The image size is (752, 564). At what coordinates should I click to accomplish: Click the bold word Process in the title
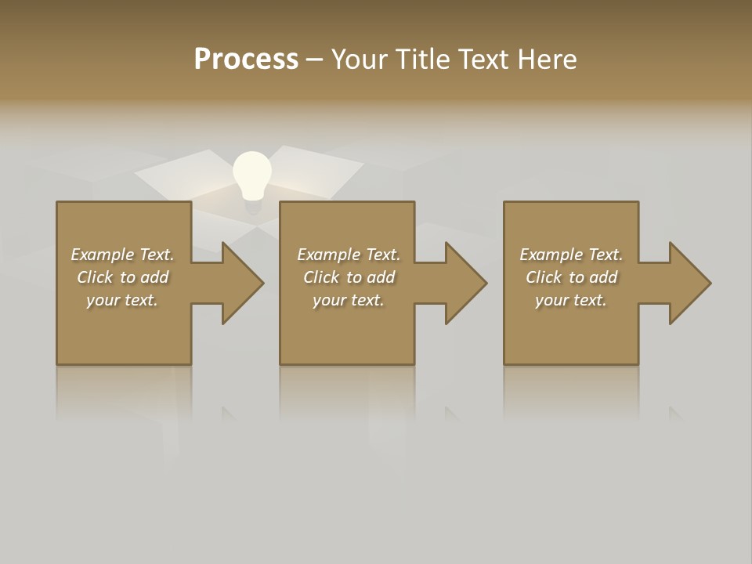pyautogui.click(x=246, y=60)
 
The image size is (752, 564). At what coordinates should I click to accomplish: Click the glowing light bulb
pyautogui.click(x=252, y=175)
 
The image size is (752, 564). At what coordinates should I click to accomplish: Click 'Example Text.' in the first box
pyautogui.click(x=122, y=255)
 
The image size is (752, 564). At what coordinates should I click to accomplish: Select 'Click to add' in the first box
pyautogui.click(x=122, y=277)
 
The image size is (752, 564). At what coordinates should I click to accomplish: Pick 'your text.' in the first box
pyautogui.click(x=122, y=300)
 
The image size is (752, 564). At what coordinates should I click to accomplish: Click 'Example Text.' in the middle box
pyautogui.click(x=348, y=255)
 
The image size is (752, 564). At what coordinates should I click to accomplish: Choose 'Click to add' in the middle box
pyautogui.click(x=348, y=277)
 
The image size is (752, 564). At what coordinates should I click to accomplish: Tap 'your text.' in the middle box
pyautogui.click(x=348, y=300)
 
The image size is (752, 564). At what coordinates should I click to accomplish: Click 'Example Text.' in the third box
pyautogui.click(x=571, y=255)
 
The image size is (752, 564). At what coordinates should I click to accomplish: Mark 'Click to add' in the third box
pyautogui.click(x=571, y=277)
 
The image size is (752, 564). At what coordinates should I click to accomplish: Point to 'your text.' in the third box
pyautogui.click(x=571, y=300)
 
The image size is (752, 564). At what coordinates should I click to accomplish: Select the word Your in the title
pyautogui.click(x=359, y=60)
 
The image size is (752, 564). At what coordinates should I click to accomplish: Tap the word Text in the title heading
pyautogui.click(x=483, y=60)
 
